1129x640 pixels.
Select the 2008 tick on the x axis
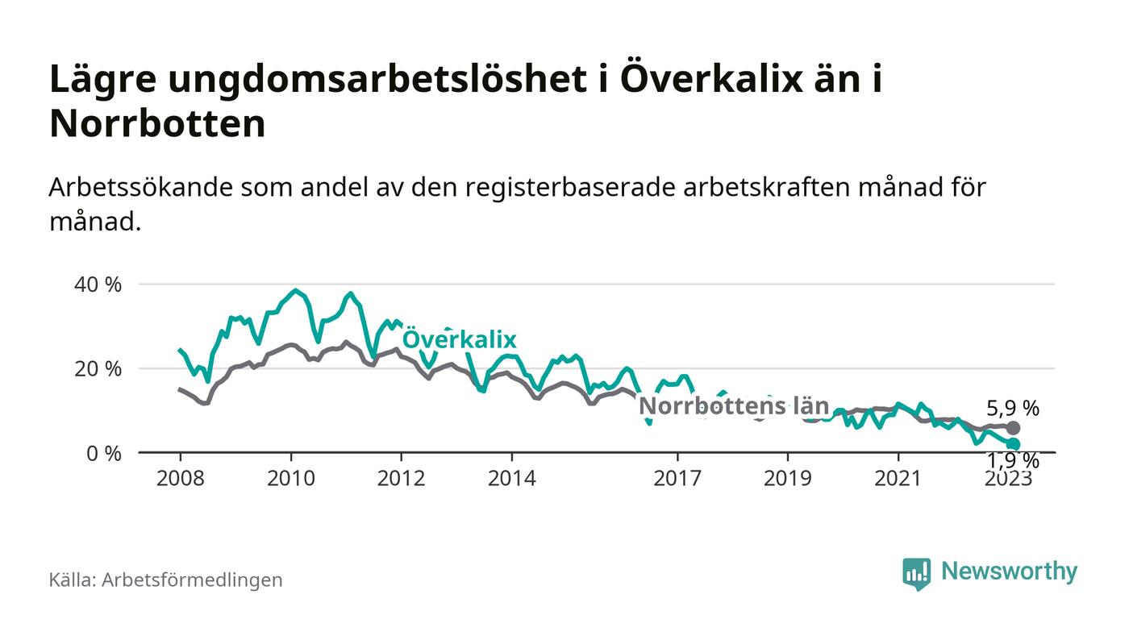[180, 478]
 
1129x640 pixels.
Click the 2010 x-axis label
[290, 478]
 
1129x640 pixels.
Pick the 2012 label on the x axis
[401, 478]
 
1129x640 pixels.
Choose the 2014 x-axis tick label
[511, 478]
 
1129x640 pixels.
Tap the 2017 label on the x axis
[677, 478]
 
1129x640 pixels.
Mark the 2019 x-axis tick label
[788, 478]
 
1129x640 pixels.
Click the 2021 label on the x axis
[898, 478]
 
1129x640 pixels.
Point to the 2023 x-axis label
[1008, 478]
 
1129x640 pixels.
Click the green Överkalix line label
[459, 339]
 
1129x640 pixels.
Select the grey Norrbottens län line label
[734, 406]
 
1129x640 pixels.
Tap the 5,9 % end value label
[1013, 407]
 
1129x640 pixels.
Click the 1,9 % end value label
[1013, 461]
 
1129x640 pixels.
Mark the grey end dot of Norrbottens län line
[1013, 428]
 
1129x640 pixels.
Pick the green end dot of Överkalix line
[1013, 444]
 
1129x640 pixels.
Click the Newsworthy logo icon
[916, 573]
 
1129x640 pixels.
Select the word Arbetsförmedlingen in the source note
[192, 580]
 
